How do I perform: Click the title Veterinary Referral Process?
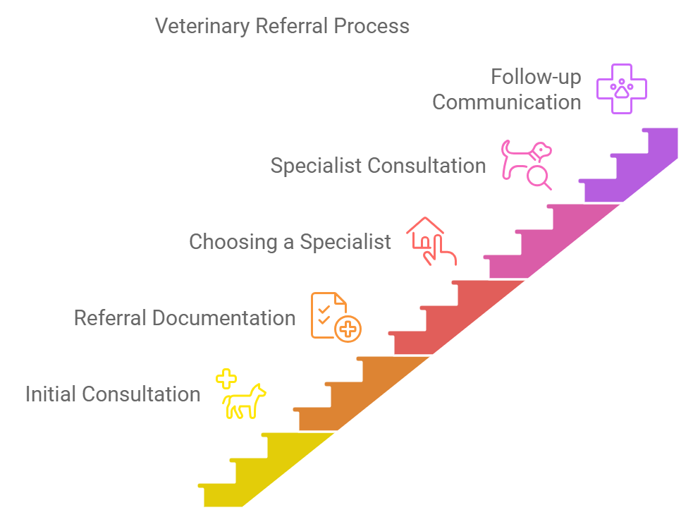282,26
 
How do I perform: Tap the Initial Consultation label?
113,394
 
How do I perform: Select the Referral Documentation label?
185,317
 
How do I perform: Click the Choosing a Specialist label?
290,242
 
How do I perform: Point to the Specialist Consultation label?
378,166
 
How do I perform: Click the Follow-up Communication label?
507,89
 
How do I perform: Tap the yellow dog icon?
244,403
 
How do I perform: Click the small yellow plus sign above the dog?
226,379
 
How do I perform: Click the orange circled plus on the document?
348,329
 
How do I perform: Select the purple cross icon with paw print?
622,88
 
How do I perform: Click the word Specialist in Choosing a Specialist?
345,242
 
